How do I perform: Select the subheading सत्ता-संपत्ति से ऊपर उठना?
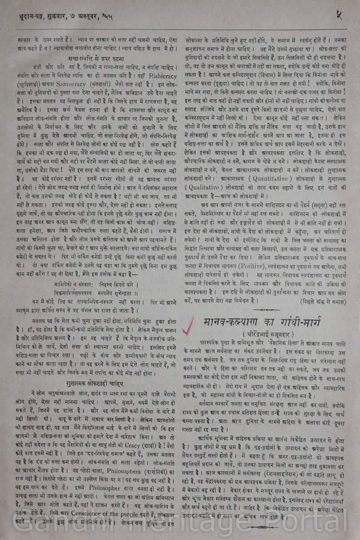coord(96,58)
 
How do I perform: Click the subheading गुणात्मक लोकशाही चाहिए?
coord(96,383)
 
